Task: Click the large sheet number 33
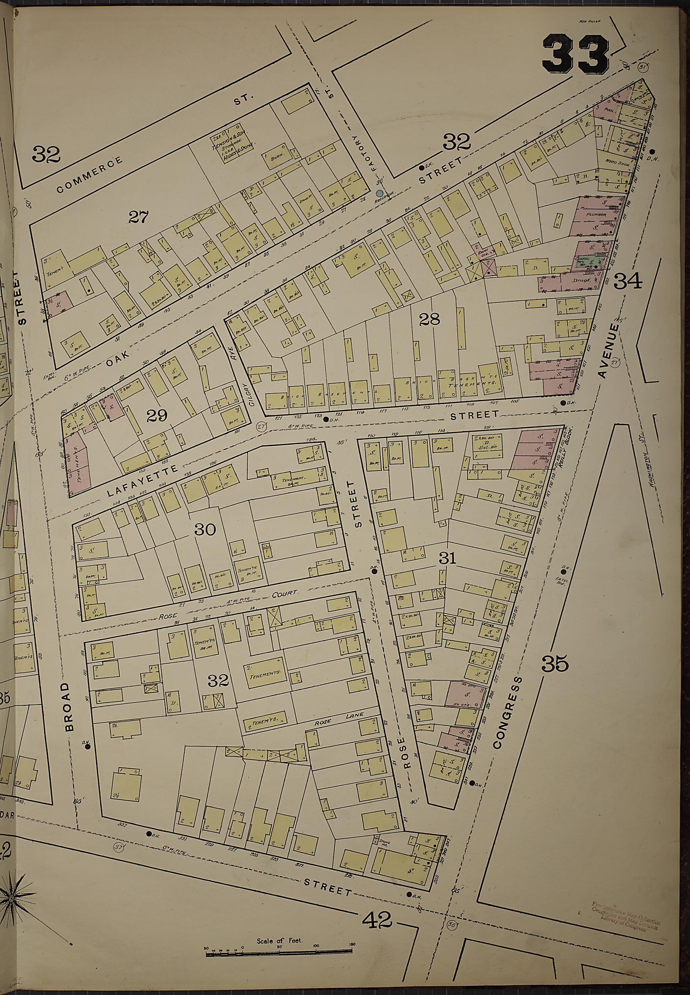click(x=575, y=55)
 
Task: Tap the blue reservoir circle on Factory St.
click(x=379, y=193)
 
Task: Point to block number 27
click(x=138, y=217)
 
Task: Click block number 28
click(x=429, y=319)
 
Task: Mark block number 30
click(x=205, y=529)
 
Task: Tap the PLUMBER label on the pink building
click(x=596, y=215)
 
